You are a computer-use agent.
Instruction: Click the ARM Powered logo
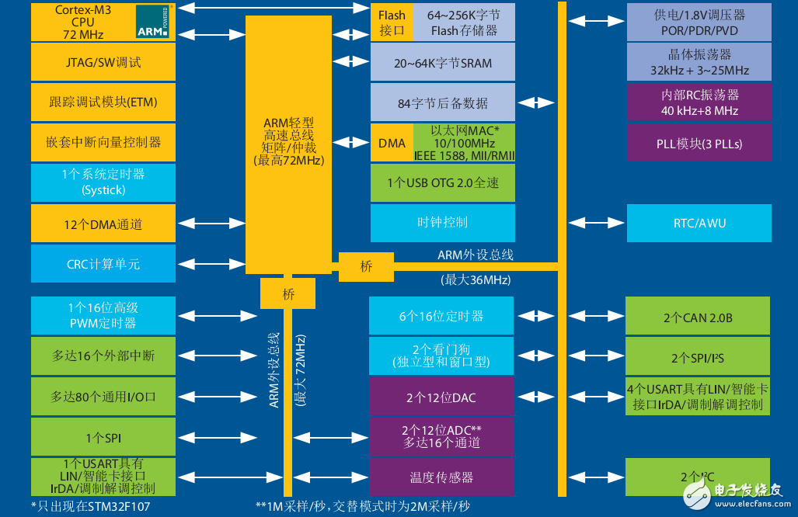[x=154, y=22]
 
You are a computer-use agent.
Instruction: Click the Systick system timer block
[x=103, y=182]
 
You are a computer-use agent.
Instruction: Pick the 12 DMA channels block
[x=103, y=224]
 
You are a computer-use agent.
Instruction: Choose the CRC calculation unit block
[x=103, y=264]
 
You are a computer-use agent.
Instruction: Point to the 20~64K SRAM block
[x=443, y=63]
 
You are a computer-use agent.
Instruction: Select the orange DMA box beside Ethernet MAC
[x=392, y=143]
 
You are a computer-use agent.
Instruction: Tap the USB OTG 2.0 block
[x=443, y=183]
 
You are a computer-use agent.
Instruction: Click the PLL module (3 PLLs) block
[x=699, y=144]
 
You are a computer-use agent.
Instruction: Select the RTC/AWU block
[x=699, y=224]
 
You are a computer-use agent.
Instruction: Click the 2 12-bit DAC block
[x=441, y=397]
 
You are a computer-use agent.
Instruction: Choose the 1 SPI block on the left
[x=103, y=438]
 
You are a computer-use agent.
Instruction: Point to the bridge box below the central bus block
[x=288, y=294]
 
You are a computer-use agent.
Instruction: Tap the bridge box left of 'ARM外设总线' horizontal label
[x=366, y=266]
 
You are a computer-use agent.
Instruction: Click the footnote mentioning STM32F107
[x=92, y=507]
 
